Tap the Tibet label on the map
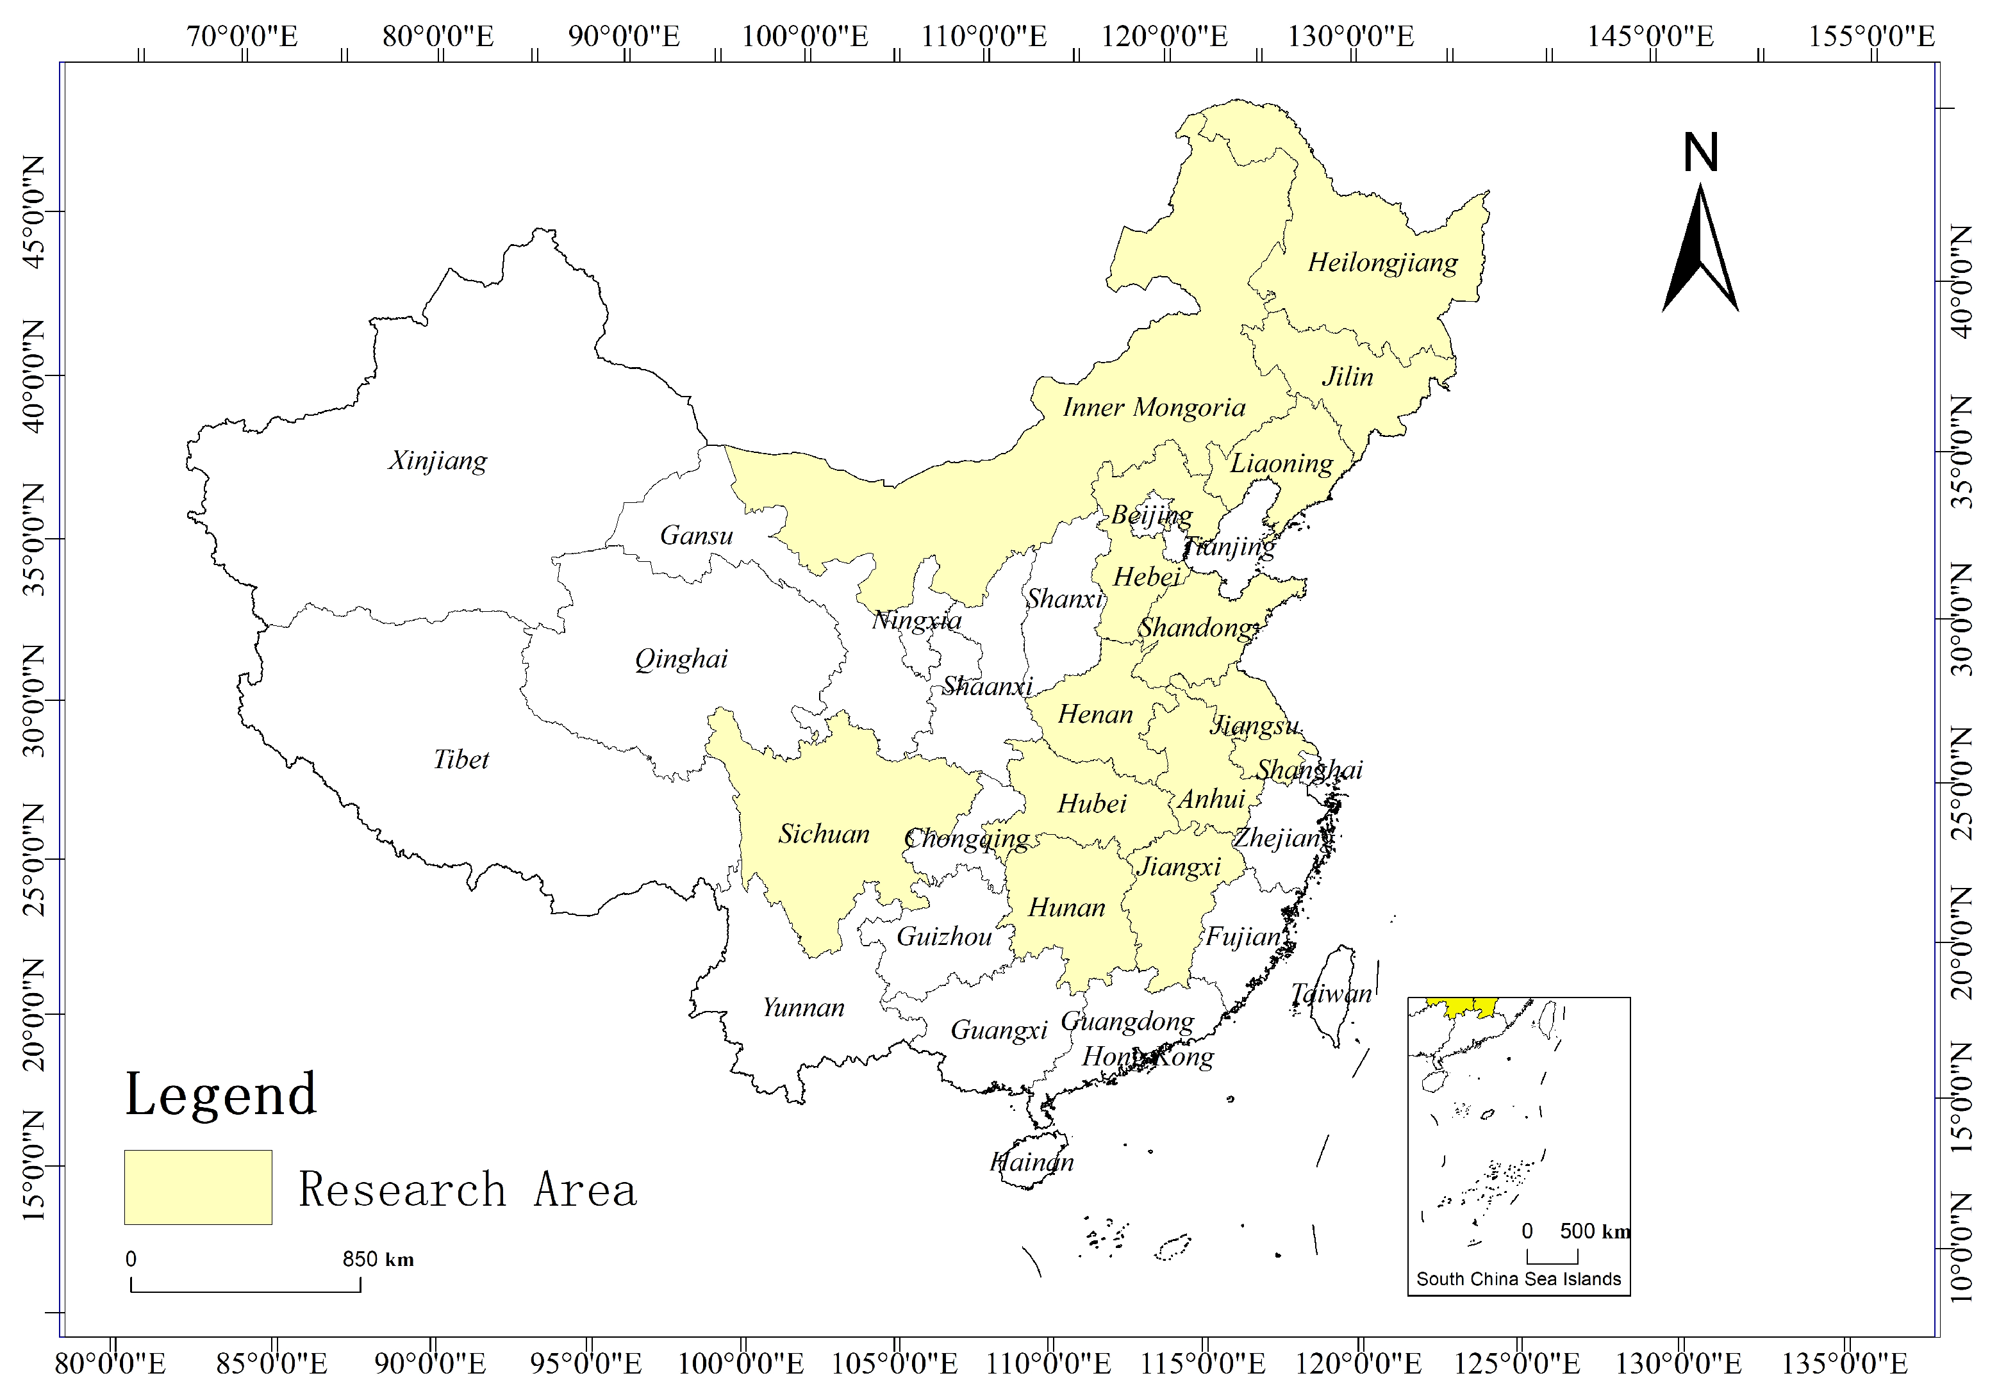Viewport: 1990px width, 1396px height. (x=461, y=760)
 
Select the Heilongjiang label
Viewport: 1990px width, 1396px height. (x=1382, y=263)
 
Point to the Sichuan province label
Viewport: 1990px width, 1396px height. (x=824, y=833)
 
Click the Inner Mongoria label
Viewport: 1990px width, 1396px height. (x=1154, y=407)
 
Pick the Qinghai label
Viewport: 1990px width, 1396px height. (x=681, y=659)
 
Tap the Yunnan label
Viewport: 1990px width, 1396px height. (x=804, y=1008)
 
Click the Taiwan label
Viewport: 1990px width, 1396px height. (x=1331, y=994)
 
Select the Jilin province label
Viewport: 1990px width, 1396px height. (x=1347, y=377)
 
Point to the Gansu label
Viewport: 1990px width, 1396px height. (x=696, y=536)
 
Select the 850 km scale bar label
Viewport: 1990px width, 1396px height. (x=378, y=1259)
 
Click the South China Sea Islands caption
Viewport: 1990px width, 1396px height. (x=1518, y=1279)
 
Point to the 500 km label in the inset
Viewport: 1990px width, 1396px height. (x=1594, y=1231)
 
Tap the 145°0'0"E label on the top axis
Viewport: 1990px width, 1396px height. (x=1650, y=37)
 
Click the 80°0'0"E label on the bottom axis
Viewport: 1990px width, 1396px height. (x=110, y=1364)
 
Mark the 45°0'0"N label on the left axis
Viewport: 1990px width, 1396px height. (x=33, y=212)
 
